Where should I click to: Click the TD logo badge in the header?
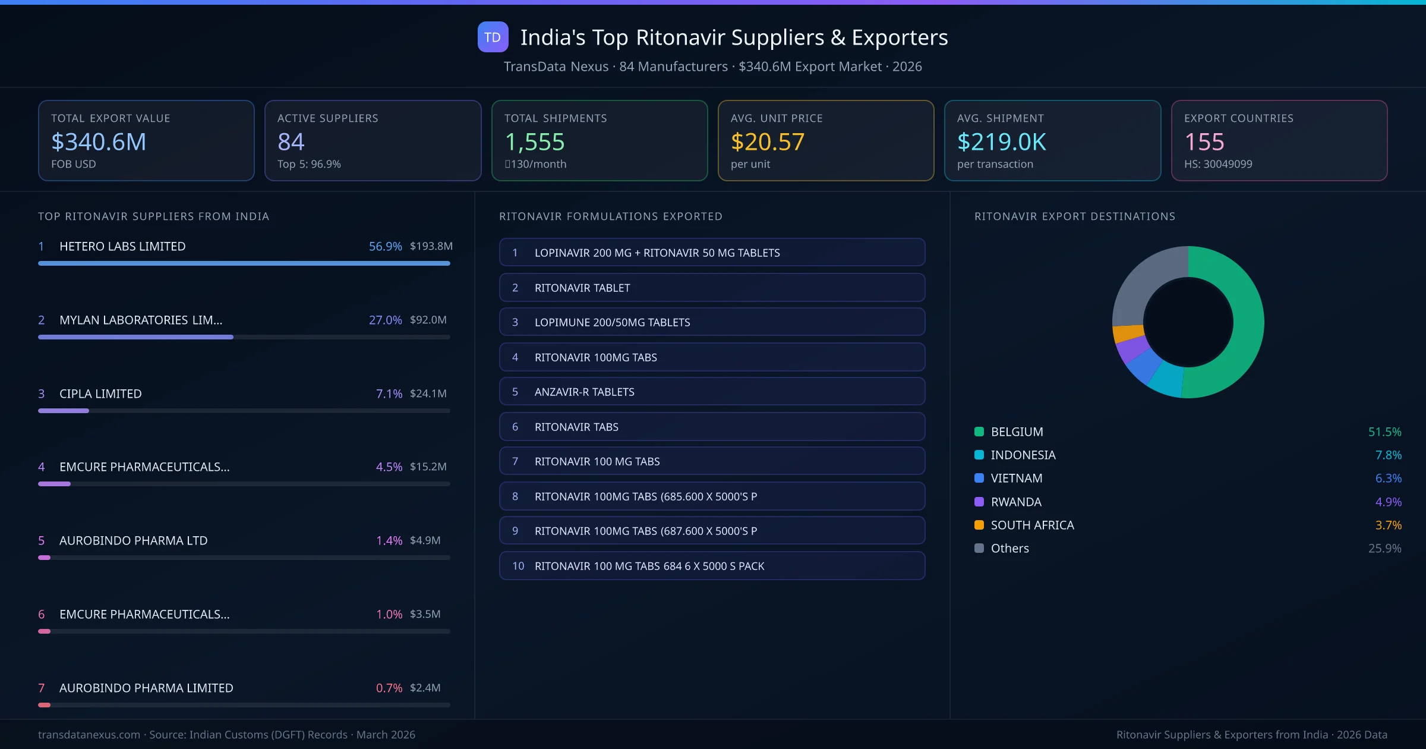click(493, 37)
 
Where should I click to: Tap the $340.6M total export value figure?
click(99, 142)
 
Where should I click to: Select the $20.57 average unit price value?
click(767, 142)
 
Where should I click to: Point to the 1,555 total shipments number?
click(534, 142)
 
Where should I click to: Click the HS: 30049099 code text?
click(1217, 164)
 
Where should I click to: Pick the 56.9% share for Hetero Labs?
click(385, 246)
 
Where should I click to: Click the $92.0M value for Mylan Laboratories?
click(428, 320)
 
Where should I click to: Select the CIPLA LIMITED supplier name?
click(100, 394)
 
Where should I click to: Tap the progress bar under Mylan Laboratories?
click(135, 337)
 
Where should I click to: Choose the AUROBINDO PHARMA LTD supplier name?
click(133, 540)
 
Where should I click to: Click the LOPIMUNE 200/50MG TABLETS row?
click(711, 322)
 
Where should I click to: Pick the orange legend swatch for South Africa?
click(979, 525)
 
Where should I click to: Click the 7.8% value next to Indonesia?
click(1388, 455)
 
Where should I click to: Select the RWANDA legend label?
click(1016, 502)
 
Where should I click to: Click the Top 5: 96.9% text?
click(309, 164)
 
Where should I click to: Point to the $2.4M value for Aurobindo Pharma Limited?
click(425, 688)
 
